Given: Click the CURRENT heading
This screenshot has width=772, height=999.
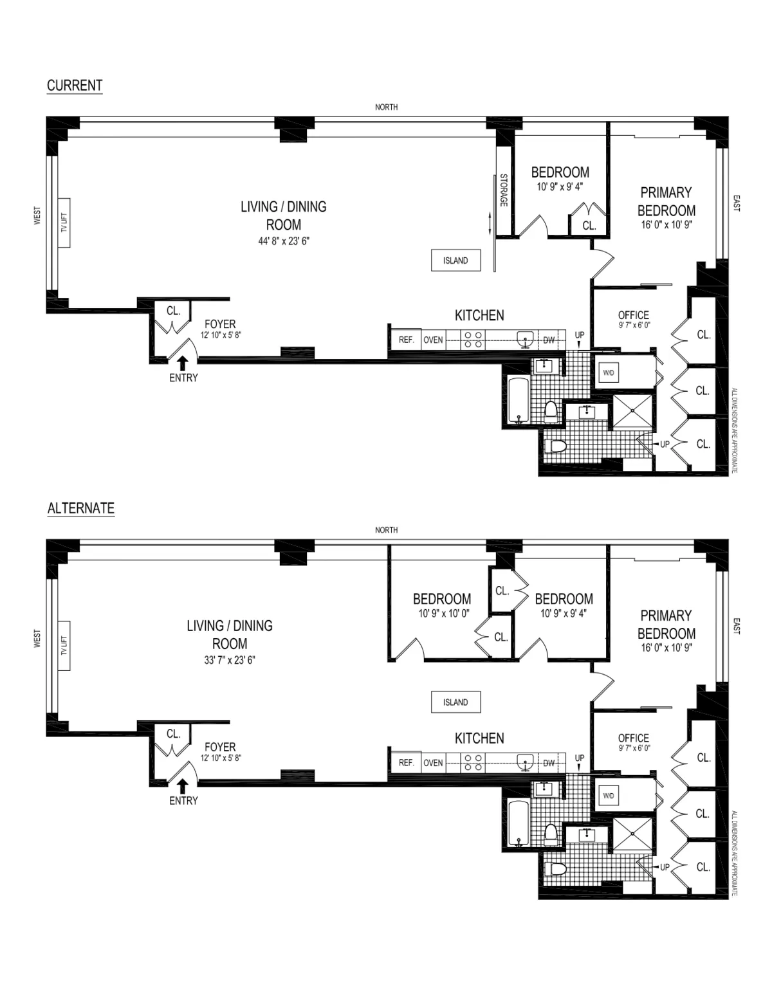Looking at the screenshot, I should coord(75,85).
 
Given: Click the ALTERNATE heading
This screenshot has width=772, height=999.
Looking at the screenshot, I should coord(81,508).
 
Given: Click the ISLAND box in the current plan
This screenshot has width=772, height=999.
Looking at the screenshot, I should coord(455,261).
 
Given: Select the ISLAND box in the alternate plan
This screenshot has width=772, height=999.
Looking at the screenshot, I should coord(455,702).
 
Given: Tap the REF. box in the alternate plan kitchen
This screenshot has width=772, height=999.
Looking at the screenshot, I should coord(406,762).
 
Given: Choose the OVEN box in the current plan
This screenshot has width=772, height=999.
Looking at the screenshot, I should coord(433,340).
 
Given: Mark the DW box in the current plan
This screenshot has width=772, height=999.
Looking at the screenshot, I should coord(549,340).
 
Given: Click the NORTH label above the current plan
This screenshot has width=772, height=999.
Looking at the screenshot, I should coord(386,107).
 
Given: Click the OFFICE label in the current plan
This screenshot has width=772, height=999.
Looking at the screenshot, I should coord(633,315).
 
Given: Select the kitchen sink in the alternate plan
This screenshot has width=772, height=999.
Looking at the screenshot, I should coord(526,762).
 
